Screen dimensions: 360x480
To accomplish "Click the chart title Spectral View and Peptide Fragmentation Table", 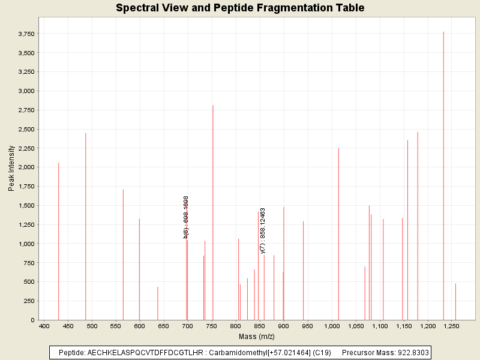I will coord(240,8).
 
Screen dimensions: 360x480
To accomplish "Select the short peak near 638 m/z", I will coord(158,304).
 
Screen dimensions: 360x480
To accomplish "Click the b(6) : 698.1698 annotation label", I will coord(187,217).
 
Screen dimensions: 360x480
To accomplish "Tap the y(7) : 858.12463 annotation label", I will coord(263,230).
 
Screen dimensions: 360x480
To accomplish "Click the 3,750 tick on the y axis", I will coord(26,34).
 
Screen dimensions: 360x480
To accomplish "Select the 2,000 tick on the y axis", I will coord(26,167).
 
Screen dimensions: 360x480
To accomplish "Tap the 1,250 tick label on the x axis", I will coord(451,326).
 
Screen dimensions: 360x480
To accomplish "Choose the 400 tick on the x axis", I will coord(44,326).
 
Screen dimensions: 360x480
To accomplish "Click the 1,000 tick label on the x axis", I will coord(332,326).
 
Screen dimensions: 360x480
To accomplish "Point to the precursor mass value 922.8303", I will coord(413,352).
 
